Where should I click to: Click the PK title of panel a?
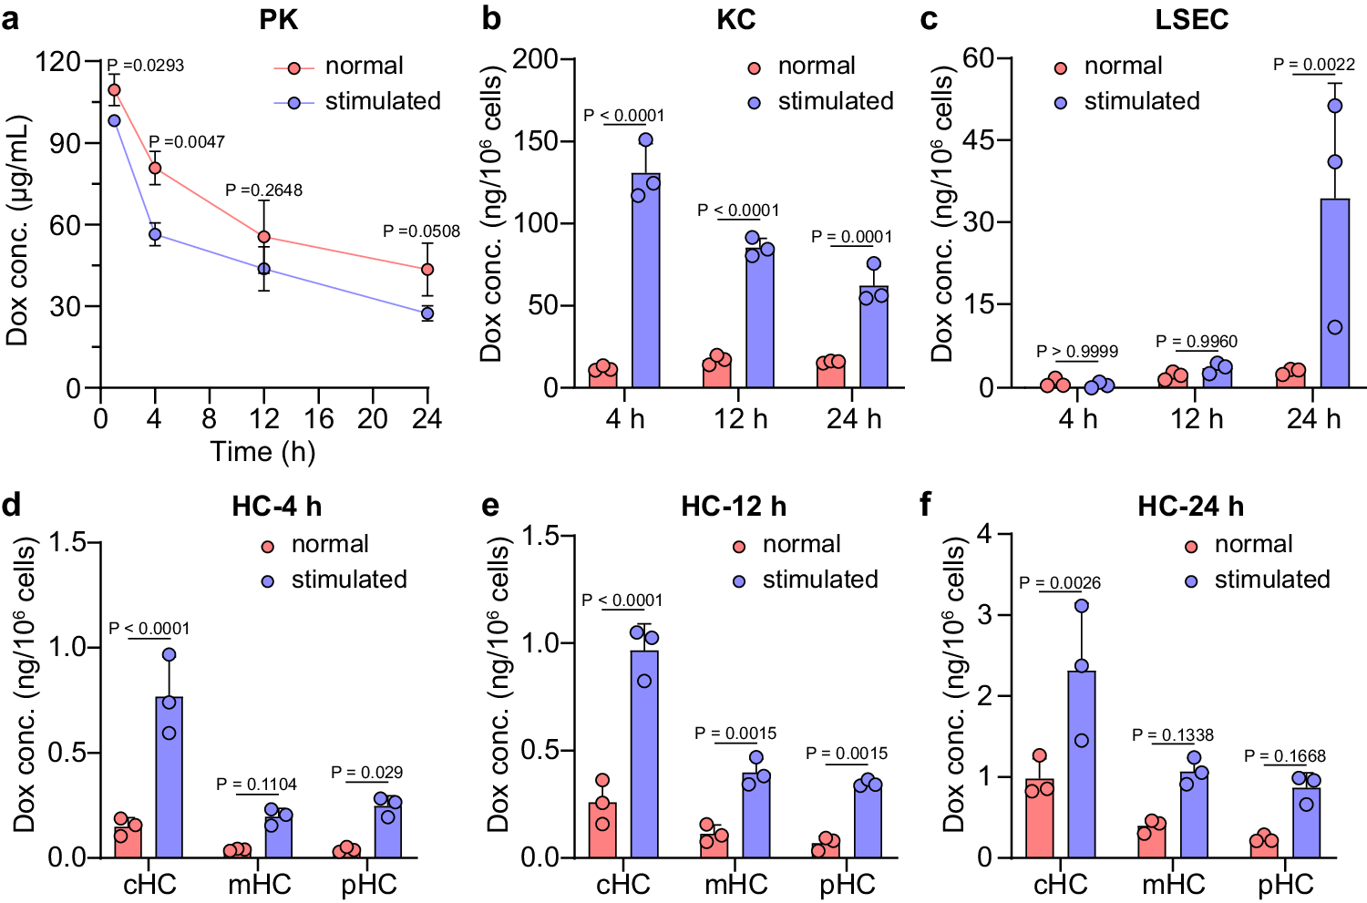tap(278, 20)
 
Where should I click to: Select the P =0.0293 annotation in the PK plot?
tap(146, 66)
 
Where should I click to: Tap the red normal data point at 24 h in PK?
tap(427, 270)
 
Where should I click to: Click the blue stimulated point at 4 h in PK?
tap(155, 234)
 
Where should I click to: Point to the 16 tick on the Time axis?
tap(318, 419)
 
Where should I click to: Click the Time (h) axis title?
tap(263, 452)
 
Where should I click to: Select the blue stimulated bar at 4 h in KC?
tap(645, 281)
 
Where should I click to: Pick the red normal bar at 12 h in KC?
tap(716, 374)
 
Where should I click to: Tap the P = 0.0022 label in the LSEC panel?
tap(1313, 65)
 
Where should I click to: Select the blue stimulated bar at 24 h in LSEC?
tap(1334, 293)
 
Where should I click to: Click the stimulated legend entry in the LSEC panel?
tap(1141, 101)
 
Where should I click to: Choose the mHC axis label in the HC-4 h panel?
tap(260, 884)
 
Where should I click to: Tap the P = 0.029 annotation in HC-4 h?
tap(366, 773)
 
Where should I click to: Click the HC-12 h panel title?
tap(734, 507)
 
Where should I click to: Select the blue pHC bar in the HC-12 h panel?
tap(868, 820)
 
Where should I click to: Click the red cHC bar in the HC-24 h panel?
tap(1039, 818)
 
